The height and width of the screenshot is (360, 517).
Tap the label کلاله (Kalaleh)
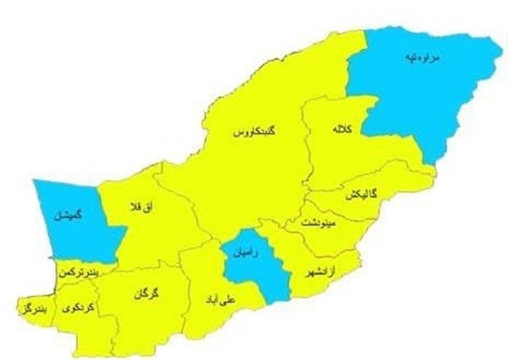pos(342,129)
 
